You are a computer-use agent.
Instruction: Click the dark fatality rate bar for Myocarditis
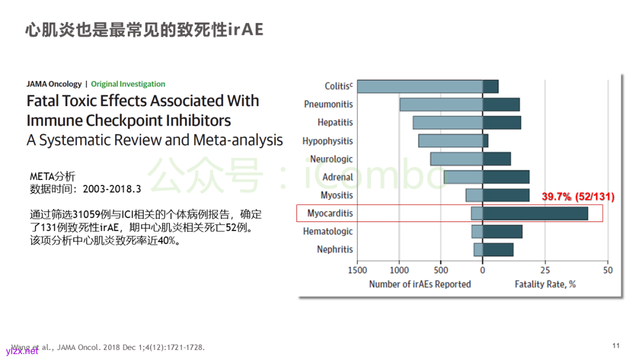535,213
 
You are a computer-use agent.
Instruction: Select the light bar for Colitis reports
419,86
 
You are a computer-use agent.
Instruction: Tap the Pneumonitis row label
328,104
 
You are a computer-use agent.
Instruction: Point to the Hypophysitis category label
327,141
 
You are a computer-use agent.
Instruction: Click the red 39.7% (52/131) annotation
578,197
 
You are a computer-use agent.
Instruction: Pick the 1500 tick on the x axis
357,271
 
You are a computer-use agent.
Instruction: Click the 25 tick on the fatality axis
545,271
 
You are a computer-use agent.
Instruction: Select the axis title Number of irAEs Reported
419,284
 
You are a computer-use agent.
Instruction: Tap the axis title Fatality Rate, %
545,284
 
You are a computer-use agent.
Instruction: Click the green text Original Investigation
128,84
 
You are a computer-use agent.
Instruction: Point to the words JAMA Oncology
54,84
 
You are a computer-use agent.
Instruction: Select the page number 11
616,346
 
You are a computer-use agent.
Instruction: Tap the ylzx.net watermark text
22,351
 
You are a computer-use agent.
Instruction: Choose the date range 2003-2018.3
112,189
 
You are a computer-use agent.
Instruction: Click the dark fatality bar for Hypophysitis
485,141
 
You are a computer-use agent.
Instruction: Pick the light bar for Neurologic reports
456,159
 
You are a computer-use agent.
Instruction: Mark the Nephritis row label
334,249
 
